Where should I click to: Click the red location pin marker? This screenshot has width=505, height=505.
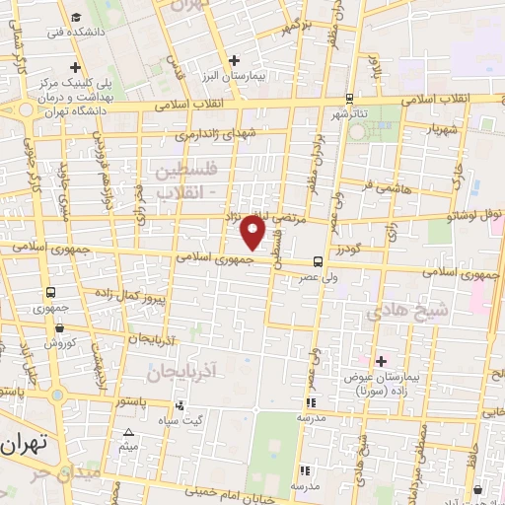tap(253, 232)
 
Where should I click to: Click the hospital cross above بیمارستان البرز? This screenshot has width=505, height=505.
tap(234, 60)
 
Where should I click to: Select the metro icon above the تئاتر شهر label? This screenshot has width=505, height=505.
tap(350, 99)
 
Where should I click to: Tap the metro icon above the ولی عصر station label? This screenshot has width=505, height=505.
tap(317, 261)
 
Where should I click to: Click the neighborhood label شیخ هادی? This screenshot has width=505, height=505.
tap(395, 313)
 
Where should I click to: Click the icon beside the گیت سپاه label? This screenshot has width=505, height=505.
tap(179, 405)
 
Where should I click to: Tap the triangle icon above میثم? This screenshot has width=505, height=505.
tap(128, 434)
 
